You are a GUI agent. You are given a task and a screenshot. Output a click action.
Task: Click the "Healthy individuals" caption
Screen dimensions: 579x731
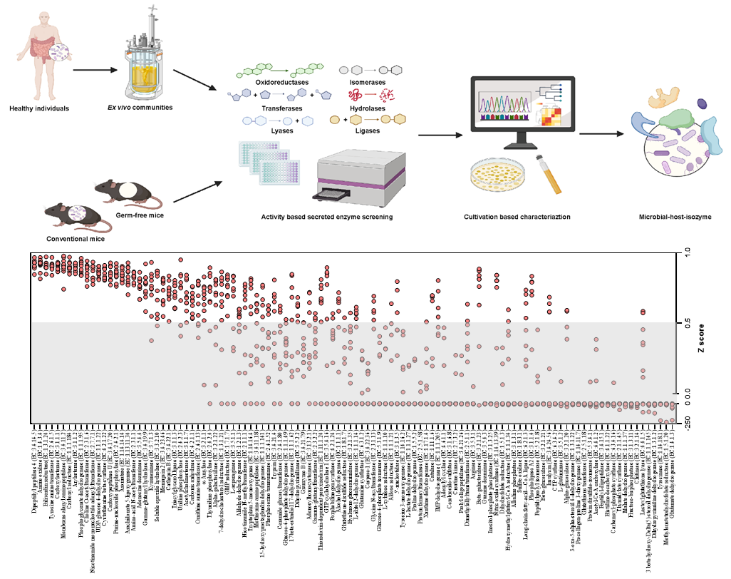[41, 108]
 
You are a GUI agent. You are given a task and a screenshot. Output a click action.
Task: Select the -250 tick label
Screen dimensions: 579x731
[688, 421]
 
